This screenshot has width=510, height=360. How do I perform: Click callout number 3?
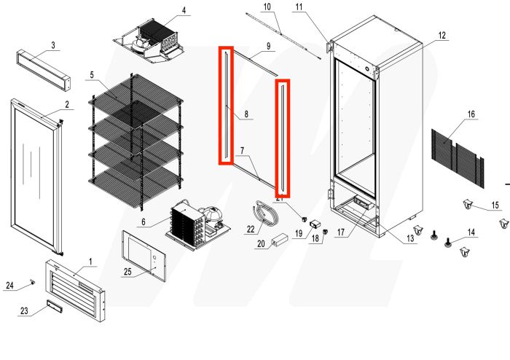pyautogui.click(x=53, y=45)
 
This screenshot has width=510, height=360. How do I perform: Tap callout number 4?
pyautogui.click(x=184, y=10)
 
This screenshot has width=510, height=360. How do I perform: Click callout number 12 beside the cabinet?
pyautogui.click(x=442, y=34)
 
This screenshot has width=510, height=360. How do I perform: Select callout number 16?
pyautogui.click(x=471, y=114)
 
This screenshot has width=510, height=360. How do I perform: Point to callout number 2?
pyautogui.click(x=67, y=104)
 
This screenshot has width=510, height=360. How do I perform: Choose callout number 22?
pyautogui.click(x=251, y=230)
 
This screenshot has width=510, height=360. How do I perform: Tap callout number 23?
pyautogui.click(x=25, y=311)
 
